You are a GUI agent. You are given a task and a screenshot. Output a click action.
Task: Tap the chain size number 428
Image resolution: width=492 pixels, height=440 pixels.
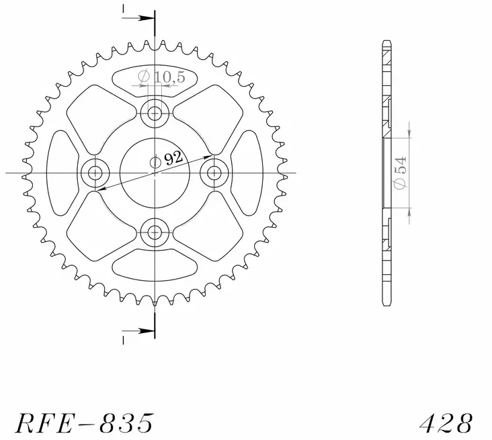pyautogui.click(x=446, y=423)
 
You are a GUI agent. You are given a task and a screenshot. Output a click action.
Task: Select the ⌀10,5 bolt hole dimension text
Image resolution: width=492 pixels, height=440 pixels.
pyautogui.click(x=156, y=78)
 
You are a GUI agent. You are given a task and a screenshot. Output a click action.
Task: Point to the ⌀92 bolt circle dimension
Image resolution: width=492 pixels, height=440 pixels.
pyautogui.click(x=166, y=159)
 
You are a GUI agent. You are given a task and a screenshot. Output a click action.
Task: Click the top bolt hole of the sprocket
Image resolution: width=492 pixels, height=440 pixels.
pyautogui.click(x=155, y=112)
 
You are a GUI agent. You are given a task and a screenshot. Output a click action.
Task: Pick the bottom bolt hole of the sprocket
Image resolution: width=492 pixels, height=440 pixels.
pyautogui.click(x=155, y=233)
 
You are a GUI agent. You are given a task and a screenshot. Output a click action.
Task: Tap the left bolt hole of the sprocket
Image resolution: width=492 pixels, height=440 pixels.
pyautogui.click(x=95, y=173)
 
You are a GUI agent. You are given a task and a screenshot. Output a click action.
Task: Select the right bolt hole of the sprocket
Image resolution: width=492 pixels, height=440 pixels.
pyautogui.click(x=216, y=173)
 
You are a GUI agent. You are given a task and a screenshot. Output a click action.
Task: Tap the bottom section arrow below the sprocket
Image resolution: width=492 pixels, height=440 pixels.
pyautogui.click(x=139, y=331)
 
